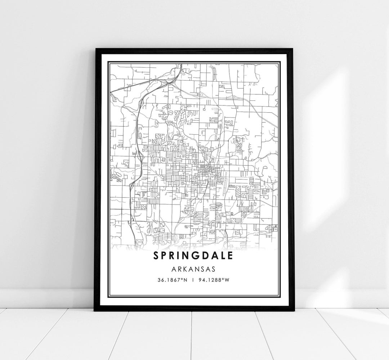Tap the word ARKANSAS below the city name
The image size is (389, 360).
tap(194, 269)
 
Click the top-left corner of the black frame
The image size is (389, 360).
tap(95, 49)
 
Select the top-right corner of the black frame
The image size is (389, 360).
tap(294, 49)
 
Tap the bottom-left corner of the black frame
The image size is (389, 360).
tap(94, 310)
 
